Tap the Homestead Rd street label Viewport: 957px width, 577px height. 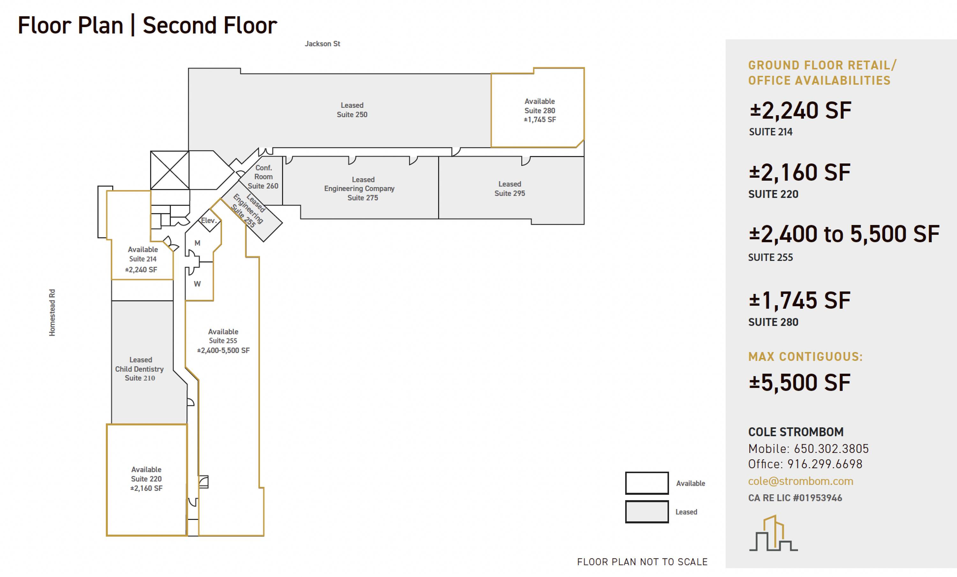point(52,313)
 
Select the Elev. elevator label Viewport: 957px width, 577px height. point(209,220)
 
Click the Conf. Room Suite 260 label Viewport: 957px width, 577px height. point(263,177)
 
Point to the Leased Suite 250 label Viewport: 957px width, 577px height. point(352,110)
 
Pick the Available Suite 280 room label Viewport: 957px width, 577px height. point(540,110)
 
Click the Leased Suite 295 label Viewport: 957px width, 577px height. point(509,189)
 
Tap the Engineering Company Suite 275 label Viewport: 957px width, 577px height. point(359,189)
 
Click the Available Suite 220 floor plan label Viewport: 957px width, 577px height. point(146,479)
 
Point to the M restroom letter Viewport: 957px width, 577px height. point(197,243)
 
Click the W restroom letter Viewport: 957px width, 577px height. point(197,284)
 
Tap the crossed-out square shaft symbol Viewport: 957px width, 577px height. point(170,170)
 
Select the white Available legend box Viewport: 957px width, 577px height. point(647,483)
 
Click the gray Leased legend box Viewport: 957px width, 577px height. point(647,512)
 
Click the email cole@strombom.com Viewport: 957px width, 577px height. point(800,481)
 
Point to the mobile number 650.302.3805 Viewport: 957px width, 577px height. point(831,449)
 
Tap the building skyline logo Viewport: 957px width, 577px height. point(773,533)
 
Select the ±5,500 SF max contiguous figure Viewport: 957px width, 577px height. point(800,382)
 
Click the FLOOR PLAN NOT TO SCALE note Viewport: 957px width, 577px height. point(642,562)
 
